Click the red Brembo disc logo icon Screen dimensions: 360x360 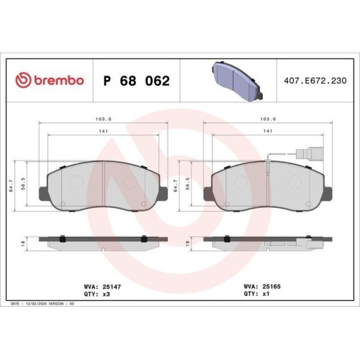[x=23, y=80]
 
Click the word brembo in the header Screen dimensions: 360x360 [x=59, y=80]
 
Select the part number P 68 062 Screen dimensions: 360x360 [x=136, y=81]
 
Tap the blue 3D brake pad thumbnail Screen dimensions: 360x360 [x=238, y=80]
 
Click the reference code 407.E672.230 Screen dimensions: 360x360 [x=315, y=81]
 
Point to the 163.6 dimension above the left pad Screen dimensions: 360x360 [x=104, y=119]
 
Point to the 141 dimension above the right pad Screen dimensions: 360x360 [x=268, y=131]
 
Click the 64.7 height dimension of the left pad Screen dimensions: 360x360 [x=12, y=186]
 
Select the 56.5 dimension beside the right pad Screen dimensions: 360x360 [x=188, y=184]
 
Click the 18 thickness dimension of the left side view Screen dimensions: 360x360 [x=23, y=243]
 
